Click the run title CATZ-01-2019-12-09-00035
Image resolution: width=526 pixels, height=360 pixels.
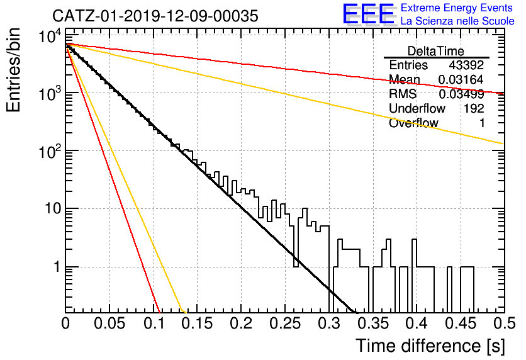155,16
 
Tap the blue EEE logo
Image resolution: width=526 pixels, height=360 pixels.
369,14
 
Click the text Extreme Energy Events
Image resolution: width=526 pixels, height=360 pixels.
457,8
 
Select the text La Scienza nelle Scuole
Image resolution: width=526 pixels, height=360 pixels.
457,21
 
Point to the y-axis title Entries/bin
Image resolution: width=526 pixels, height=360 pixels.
13,70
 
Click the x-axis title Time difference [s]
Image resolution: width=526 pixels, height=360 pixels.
430,346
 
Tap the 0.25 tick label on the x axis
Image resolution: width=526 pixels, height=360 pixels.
285,323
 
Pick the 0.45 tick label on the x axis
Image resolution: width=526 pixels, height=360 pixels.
461,323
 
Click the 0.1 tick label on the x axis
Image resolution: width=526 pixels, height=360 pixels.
155,323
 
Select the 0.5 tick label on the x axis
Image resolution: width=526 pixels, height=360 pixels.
505,323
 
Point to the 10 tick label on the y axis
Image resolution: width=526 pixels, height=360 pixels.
53,208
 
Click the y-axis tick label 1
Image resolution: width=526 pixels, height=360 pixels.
57,267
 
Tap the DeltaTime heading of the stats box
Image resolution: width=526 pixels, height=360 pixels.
436,51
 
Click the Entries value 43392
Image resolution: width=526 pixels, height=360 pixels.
466,65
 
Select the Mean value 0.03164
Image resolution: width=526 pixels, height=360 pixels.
461,79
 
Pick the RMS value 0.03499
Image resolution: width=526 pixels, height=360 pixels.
461,94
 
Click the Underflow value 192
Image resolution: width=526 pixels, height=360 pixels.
474,108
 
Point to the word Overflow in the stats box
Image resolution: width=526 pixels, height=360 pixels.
413,123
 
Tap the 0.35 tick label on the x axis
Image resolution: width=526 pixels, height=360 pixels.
372,323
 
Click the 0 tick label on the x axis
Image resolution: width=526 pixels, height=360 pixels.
65,323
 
